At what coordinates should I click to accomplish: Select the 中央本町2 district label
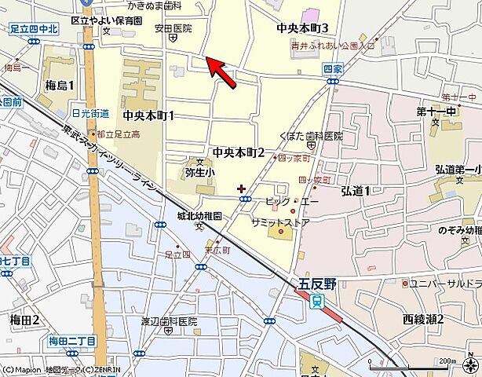(238, 151)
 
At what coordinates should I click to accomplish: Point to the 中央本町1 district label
(148, 115)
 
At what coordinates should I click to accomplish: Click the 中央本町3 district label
(302, 28)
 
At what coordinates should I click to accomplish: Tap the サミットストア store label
(281, 222)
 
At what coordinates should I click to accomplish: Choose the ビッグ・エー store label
(292, 201)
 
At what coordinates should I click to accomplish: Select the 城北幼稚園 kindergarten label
(199, 214)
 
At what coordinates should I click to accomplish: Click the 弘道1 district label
(356, 190)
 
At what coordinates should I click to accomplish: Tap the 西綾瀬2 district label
(423, 319)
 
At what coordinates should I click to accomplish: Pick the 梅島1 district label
(60, 85)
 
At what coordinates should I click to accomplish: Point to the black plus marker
(240, 188)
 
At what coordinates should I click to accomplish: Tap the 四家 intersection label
(333, 70)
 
